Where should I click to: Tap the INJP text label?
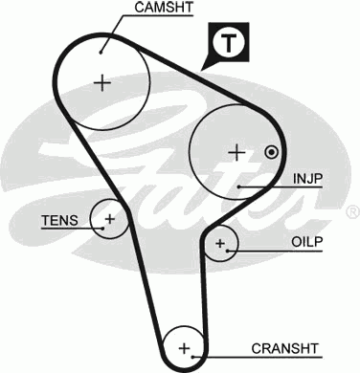point(309,178)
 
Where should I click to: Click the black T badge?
point(227,43)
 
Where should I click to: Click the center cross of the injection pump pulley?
point(236,151)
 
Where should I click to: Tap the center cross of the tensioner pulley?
point(109,220)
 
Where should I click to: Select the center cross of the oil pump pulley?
point(221,245)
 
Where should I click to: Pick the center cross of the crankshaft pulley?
point(185,346)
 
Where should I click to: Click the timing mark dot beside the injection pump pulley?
point(272,151)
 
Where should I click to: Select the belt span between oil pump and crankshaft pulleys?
point(209,296)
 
